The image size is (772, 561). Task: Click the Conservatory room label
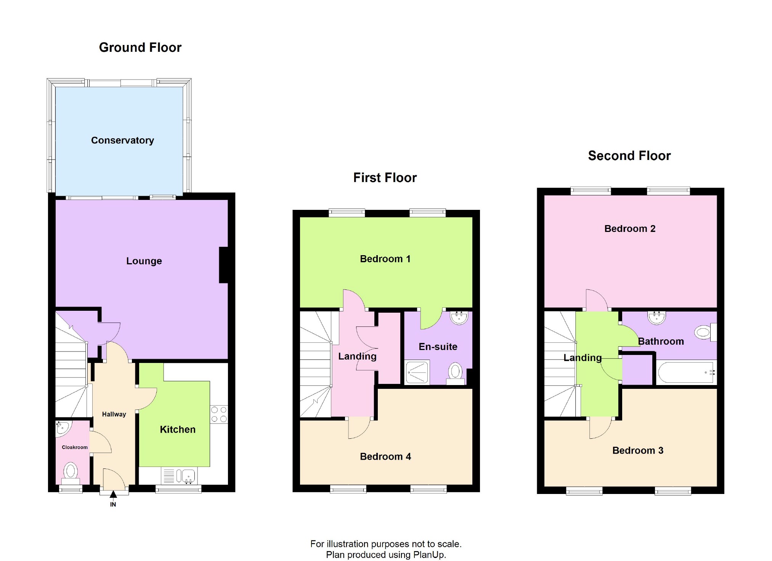(x=122, y=140)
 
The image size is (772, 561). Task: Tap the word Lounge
(x=144, y=261)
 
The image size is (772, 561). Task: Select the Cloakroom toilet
(x=71, y=472)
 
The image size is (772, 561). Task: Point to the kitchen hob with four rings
(x=219, y=414)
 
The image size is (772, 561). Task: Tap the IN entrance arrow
(x=113, y=495)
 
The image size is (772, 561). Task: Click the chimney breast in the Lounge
(x=223, y=265)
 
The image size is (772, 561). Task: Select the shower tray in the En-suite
(x=417, y=372)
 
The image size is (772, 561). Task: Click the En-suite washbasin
(x=459, y=317)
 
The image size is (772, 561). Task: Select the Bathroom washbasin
(x=657, y=317)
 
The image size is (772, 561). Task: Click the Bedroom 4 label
(x=385, y=457)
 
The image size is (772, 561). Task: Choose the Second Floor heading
(x=629, y=156)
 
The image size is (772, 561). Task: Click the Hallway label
(x=114, y=414)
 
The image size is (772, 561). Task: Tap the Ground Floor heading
(x=140, y=48)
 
